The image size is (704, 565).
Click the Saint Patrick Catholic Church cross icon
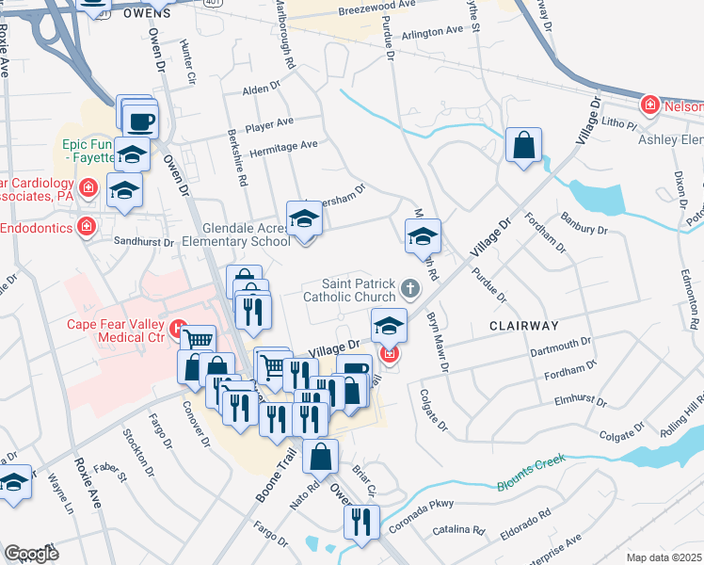[x=408, y=287]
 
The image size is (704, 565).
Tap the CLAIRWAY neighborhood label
[x=523, y=325]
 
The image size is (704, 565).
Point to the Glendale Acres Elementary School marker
[x=304, y=221]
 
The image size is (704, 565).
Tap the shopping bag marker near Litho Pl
[x=523, y=147]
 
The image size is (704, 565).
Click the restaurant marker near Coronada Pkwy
[x=361, y=522]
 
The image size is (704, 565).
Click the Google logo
[x=30, y=554]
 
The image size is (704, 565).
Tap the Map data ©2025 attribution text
[x=664, y=557]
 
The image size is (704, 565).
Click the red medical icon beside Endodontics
[x=87, y=227]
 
